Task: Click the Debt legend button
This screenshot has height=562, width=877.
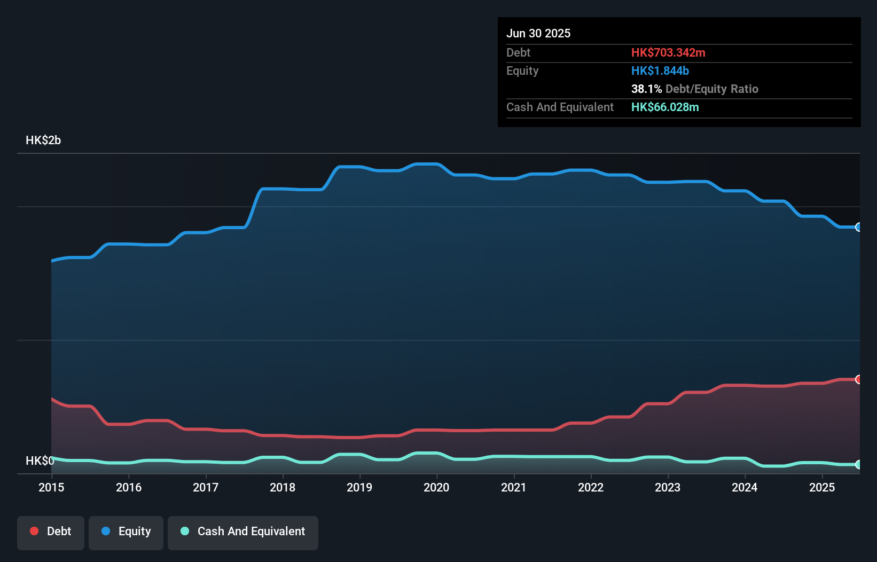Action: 51,532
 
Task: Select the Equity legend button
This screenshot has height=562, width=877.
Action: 126,532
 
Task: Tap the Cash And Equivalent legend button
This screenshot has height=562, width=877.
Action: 243,532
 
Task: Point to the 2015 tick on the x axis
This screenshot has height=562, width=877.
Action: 51,487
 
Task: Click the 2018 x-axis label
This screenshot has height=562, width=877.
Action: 283,487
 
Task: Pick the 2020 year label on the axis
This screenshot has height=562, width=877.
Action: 436,487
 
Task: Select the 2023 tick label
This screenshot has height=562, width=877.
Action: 668,487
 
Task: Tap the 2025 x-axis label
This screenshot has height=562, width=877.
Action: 822,487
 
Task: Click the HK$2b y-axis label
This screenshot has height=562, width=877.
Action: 43,140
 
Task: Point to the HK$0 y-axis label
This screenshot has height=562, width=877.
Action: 40,460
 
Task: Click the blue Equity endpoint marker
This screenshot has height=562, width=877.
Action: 858,227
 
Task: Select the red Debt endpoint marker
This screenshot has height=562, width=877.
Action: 858,379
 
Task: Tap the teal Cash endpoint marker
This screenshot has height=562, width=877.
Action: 858,465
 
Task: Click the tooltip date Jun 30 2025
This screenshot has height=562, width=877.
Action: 538,33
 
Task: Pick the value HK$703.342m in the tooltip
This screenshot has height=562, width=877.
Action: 668,52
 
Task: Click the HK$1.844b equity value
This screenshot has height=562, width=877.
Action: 660,71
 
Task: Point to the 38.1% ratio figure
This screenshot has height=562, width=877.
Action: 646,89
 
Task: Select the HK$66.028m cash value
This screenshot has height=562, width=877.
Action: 665,107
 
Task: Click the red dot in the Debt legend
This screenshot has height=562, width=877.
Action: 34,531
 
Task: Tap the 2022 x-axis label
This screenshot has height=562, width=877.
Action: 591,487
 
